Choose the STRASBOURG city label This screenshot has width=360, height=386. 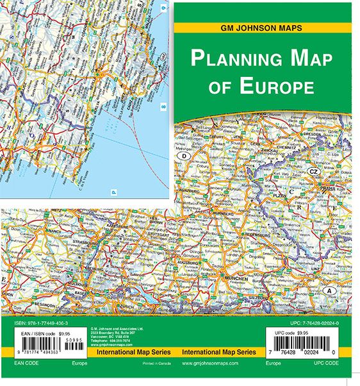click(79, 244)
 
